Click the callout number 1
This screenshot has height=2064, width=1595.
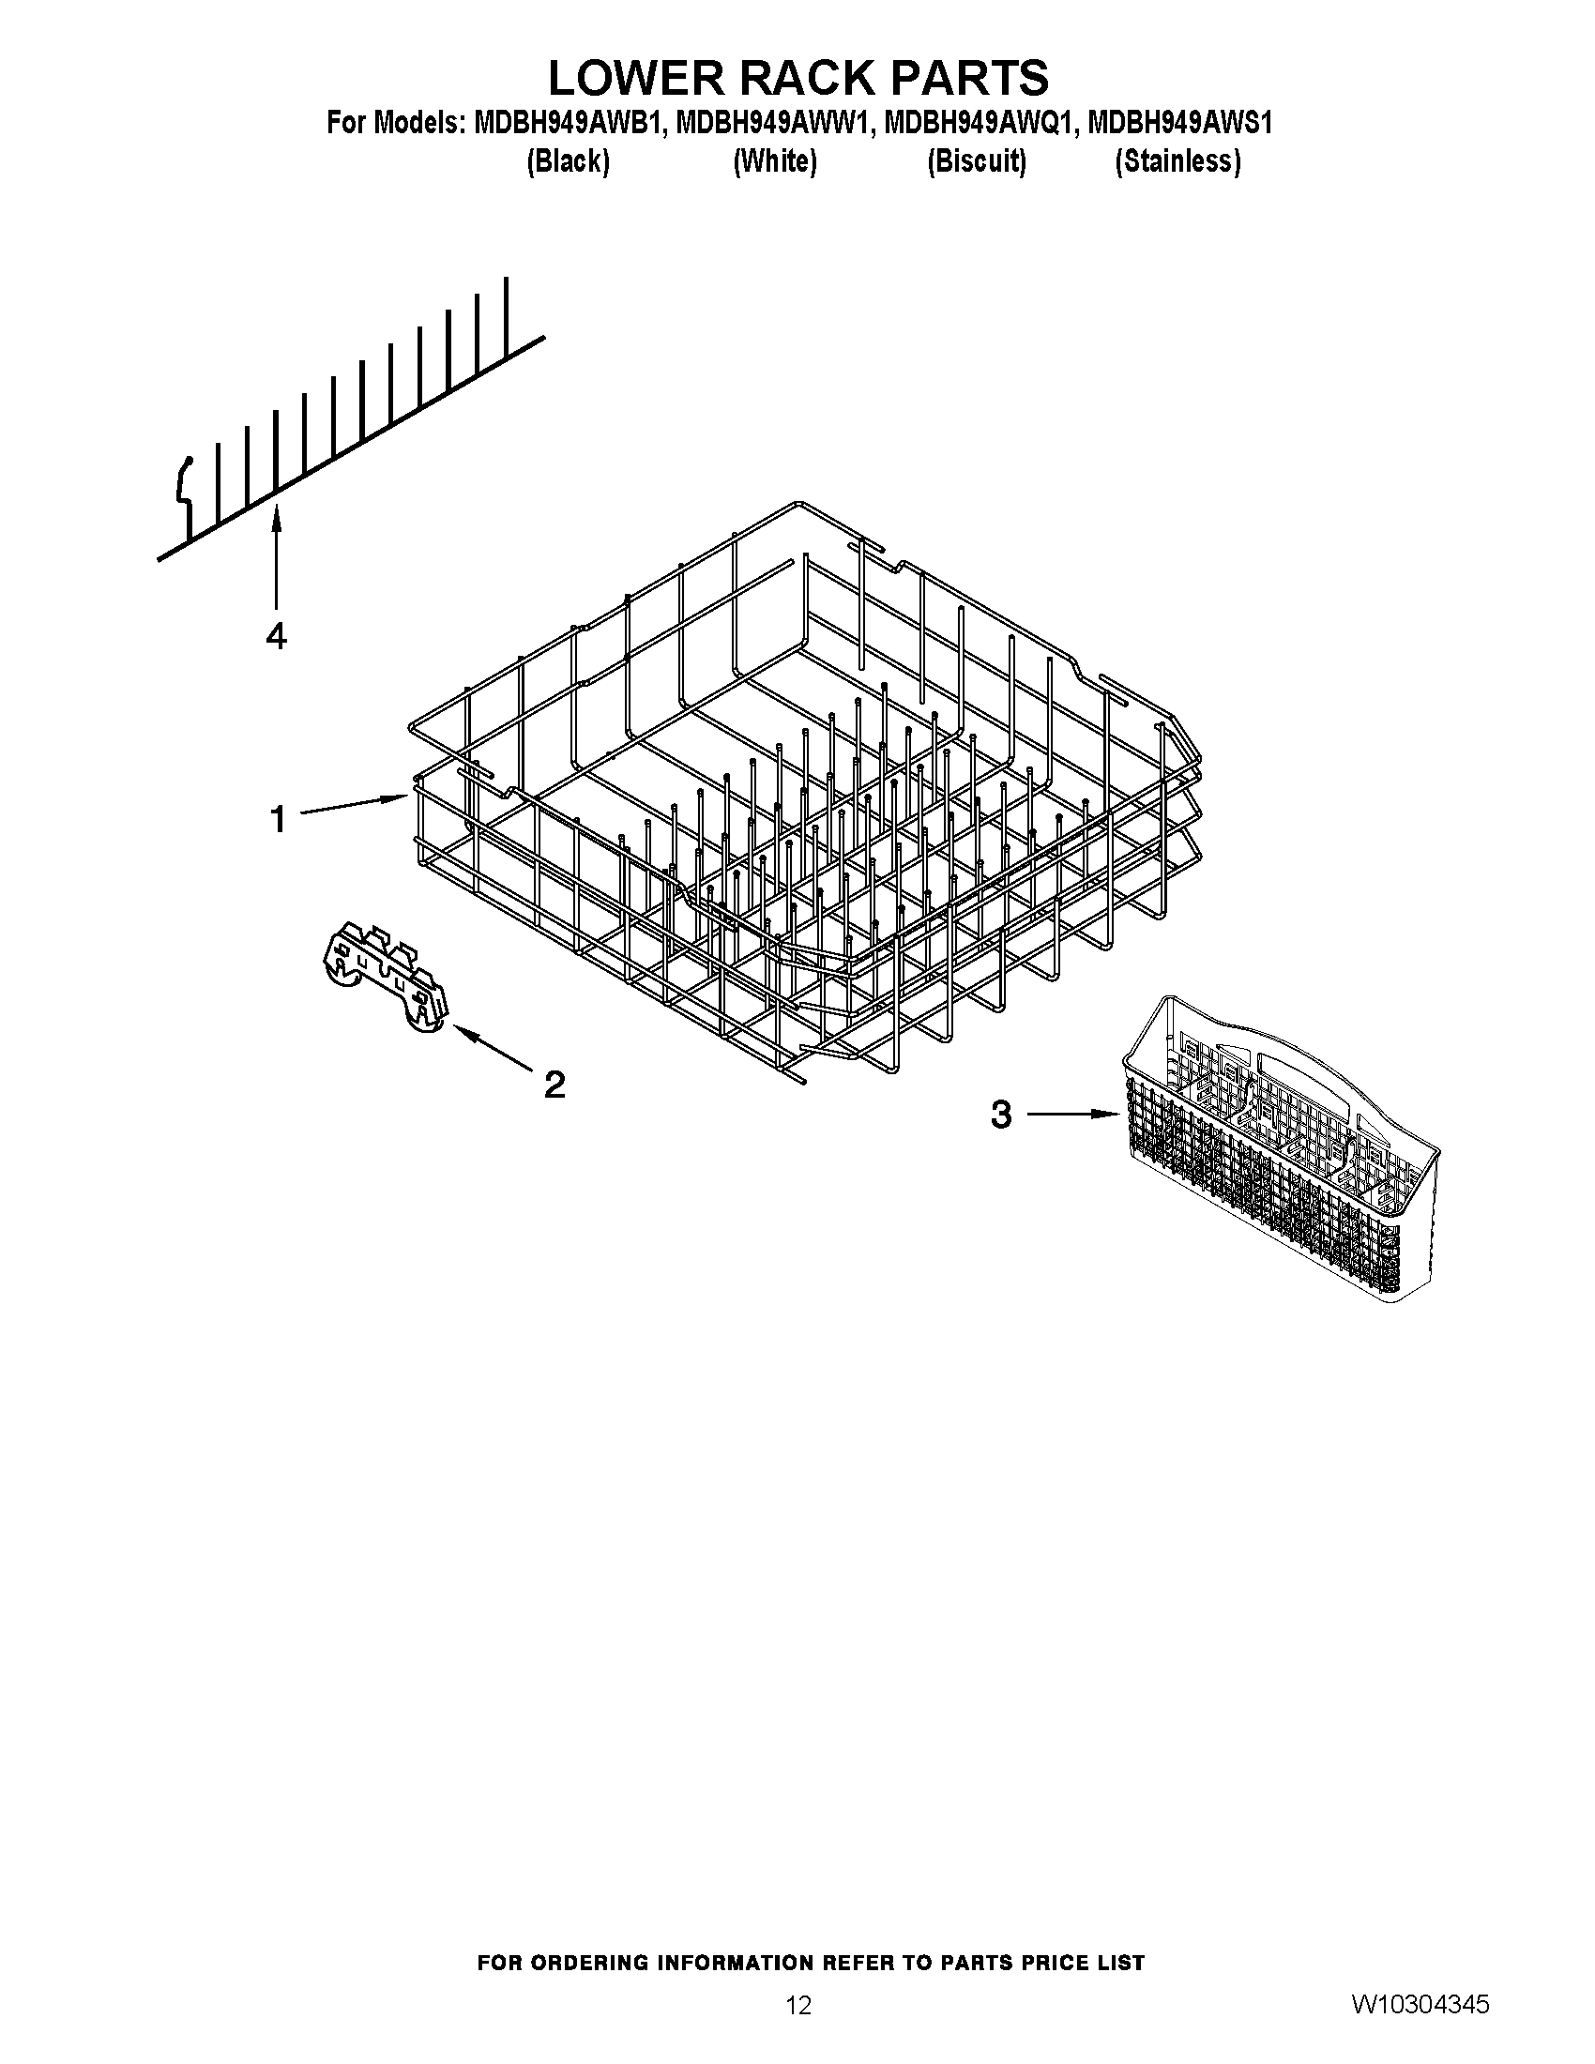coord(278,818)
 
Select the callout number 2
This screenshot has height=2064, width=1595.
coord(554,1084)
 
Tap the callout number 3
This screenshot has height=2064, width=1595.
coord(1001,1115)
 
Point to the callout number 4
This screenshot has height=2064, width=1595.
coord(276,637)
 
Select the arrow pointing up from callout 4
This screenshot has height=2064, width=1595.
coord(276,557)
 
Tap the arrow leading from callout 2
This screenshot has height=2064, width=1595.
coord(493,1050)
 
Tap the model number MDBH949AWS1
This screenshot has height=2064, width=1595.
coord(1179,124)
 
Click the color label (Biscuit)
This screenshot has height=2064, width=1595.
coord(976,161)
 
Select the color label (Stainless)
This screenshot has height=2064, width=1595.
coord(1177,161)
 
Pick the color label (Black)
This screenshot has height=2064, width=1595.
coord(568,161)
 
